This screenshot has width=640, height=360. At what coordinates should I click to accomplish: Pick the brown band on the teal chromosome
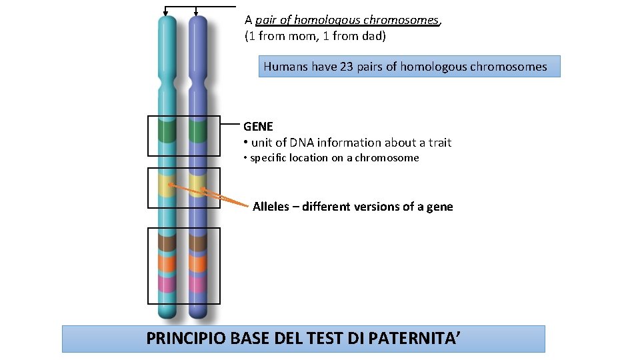pos(166,241)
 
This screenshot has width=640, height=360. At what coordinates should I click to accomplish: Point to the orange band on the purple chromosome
pos(197,263)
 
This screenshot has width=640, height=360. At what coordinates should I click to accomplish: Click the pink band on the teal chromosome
pos(166,284)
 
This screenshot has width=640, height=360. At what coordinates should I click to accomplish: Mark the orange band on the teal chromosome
pos(166,263)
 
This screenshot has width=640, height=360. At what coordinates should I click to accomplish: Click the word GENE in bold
pos(258,126)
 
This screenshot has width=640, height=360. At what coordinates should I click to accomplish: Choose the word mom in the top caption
pos(299,36)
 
